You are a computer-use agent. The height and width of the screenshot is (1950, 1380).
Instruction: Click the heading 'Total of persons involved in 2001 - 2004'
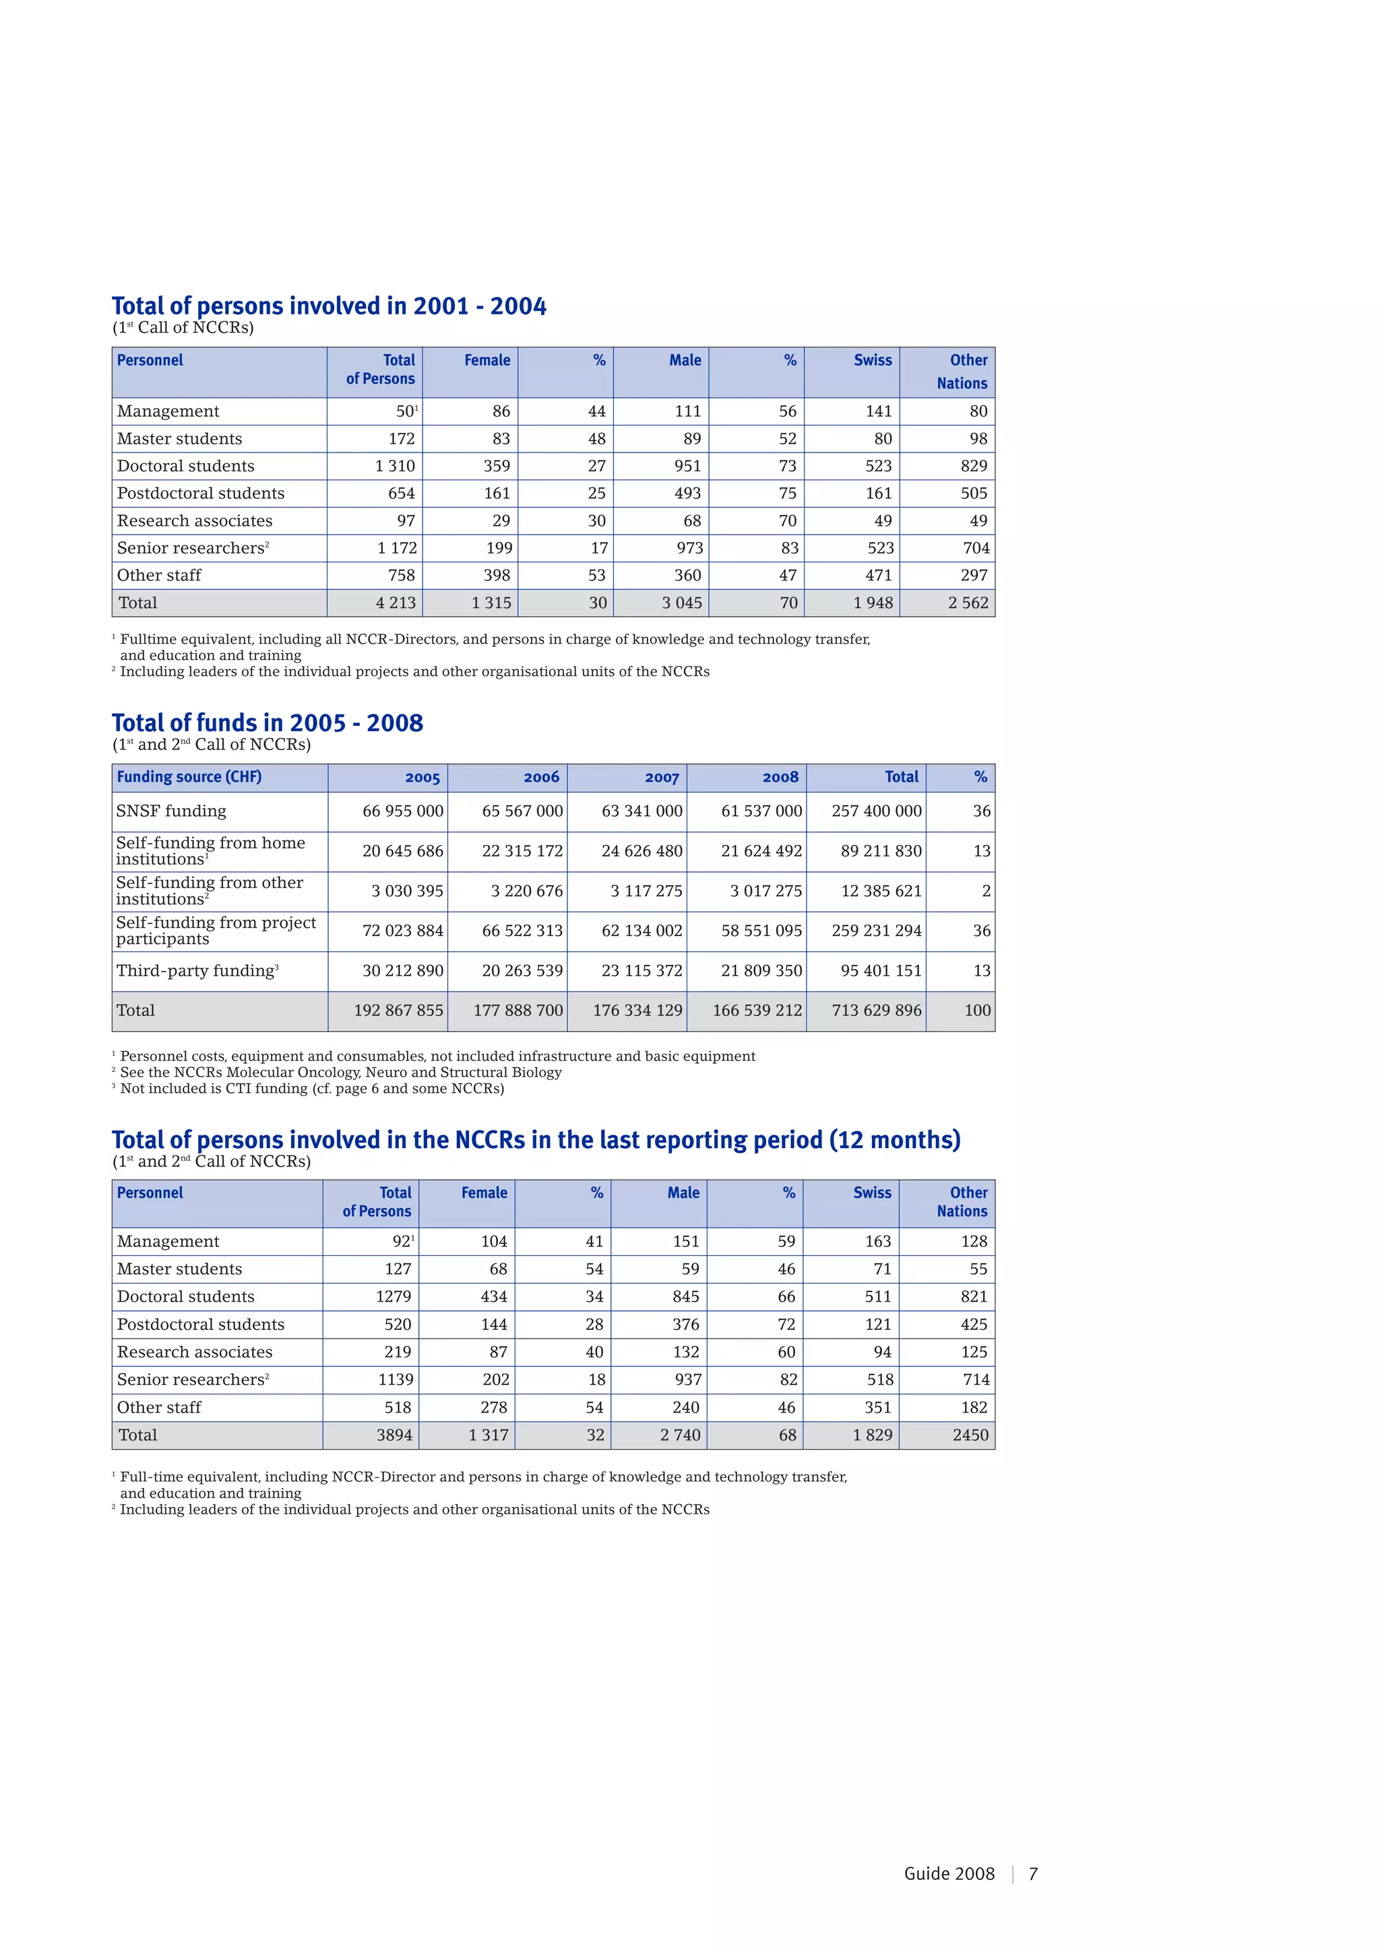(x=329, y=306)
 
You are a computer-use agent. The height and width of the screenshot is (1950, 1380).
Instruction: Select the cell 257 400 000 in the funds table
(x=876, y=811)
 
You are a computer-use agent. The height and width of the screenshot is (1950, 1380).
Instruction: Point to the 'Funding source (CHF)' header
(x=189, y=777)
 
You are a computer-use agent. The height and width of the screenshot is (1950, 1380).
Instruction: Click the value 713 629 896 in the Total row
(x=876, y=1011)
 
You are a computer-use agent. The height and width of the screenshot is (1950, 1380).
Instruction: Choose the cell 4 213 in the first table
(x=396, y=603)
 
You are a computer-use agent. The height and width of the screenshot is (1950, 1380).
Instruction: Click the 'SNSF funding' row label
(x=172, y=811)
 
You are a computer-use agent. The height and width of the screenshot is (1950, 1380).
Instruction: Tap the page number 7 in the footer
(x=1033, y=1873)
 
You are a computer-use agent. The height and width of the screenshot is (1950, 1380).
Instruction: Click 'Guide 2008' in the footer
(x=949, y=1873)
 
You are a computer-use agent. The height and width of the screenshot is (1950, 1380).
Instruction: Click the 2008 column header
(x=780, y=777)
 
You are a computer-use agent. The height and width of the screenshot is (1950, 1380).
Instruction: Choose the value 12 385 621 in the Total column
(x=881, y=891)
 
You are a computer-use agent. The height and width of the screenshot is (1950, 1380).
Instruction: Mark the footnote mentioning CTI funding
(x=312, y=1089)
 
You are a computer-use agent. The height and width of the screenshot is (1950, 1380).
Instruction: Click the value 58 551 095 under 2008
(x=761, y=931)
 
